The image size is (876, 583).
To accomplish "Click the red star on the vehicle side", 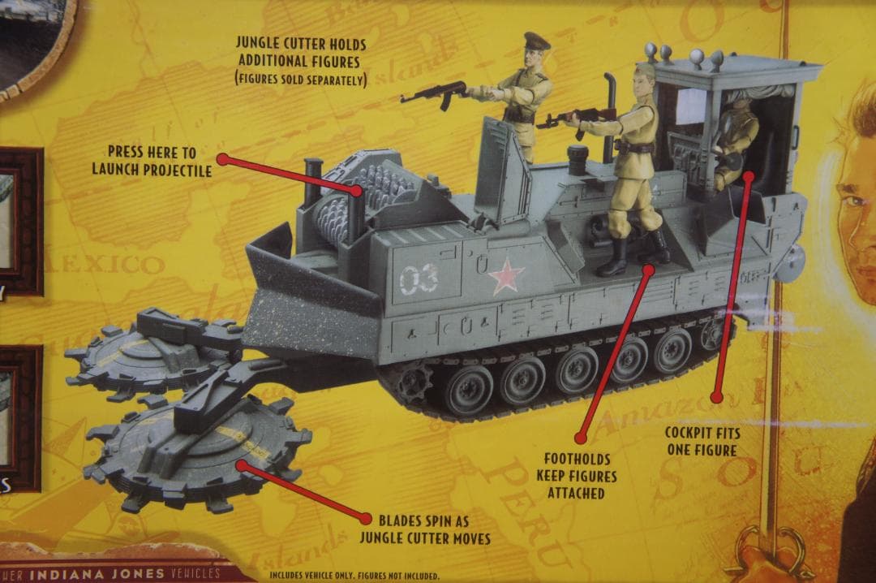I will coord(506,276).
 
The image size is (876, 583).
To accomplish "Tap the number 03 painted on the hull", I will coord(419,279).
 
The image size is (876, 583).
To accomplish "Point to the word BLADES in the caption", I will coord(401,520).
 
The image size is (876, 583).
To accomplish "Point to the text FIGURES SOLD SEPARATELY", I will coord(301,79).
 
